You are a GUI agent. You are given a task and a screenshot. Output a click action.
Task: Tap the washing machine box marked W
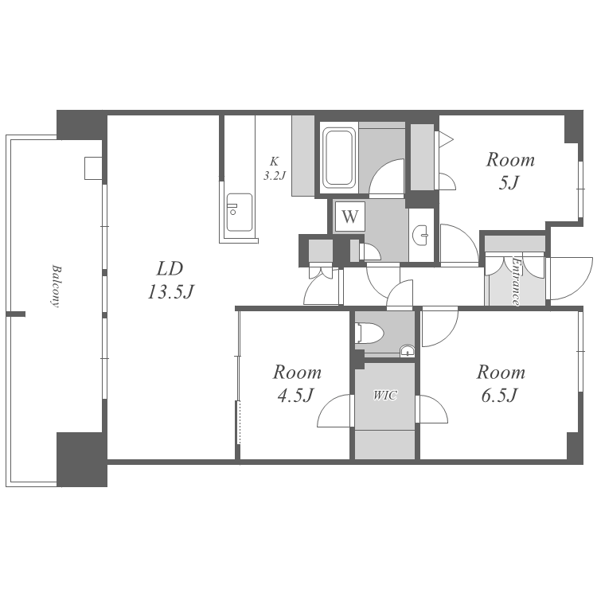click(349, 217)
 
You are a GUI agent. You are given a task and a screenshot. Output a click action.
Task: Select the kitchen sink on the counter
click(240, 213)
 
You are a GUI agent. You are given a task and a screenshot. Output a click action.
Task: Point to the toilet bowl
click(369, 334)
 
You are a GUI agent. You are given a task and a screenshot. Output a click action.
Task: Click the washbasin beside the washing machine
click(421, 236)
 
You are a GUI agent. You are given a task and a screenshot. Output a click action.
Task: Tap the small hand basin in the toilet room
click(407, 351)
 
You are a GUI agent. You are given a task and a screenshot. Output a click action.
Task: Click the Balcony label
click(56, 286)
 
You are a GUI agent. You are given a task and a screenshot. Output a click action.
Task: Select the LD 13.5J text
click(170, 280)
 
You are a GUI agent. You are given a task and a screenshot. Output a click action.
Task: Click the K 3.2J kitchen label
click(275, 168)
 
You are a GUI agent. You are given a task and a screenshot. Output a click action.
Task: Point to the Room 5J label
click(510, 170)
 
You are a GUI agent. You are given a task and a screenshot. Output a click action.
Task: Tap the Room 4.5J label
click(297, 384)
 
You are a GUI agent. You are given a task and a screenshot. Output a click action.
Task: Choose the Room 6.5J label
click(501, 384)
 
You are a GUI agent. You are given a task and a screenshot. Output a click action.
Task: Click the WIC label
click(385, 395)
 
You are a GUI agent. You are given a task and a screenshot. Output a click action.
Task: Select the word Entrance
click(516, 282)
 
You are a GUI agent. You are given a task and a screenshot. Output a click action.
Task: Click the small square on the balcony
click(93, 168)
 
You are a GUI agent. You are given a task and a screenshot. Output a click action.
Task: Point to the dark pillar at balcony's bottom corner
click(82, 459)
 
